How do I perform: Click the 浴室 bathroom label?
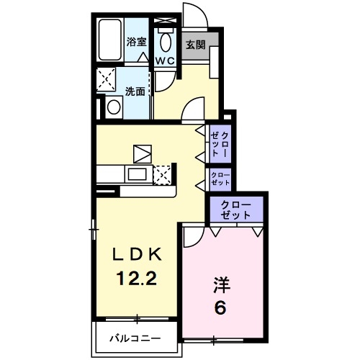[136, 42]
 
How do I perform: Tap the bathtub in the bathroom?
[112, 42]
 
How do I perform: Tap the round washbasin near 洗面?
[112, 108]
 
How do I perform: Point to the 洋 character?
[220, 284]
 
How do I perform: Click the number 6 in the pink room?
[220, 307]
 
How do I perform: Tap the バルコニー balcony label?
[135, 338]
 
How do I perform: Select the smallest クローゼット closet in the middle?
[220, 178]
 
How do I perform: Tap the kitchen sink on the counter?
[135, 174]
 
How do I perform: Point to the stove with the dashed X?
[163, 174]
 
